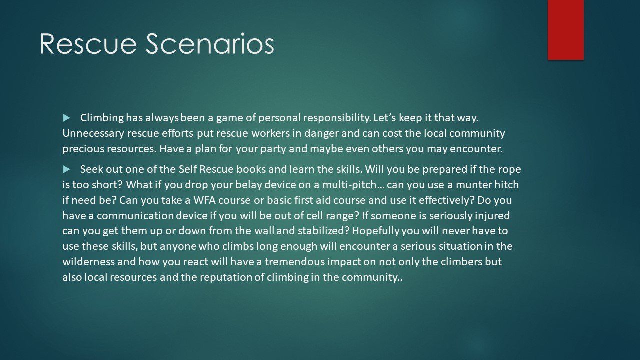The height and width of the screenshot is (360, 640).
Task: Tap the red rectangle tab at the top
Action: pos(565,30)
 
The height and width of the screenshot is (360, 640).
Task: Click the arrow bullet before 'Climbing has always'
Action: pos(67,118)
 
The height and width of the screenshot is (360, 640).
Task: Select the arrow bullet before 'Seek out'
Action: pos(67,169)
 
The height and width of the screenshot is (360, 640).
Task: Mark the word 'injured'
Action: pos(492,216)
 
